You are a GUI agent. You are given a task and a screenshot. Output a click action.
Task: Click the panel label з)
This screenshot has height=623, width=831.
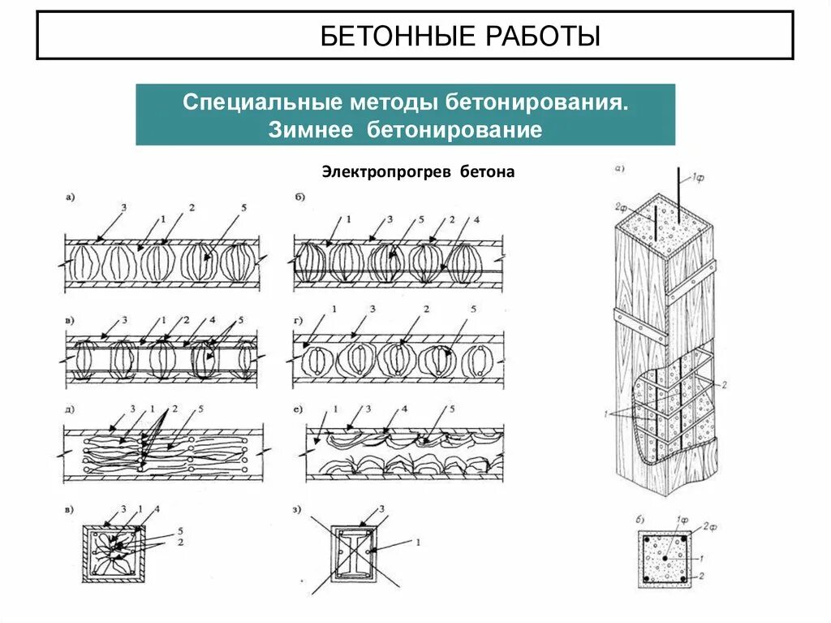[299, 510]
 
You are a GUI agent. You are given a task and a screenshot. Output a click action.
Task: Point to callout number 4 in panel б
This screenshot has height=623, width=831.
[476, 219]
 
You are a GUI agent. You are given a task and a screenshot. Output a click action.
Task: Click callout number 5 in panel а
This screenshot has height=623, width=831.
[243, 209]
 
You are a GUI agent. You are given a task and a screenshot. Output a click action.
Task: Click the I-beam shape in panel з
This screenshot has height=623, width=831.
[355, 552]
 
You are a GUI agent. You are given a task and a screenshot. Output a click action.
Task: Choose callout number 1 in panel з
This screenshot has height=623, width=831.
[417, 542]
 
